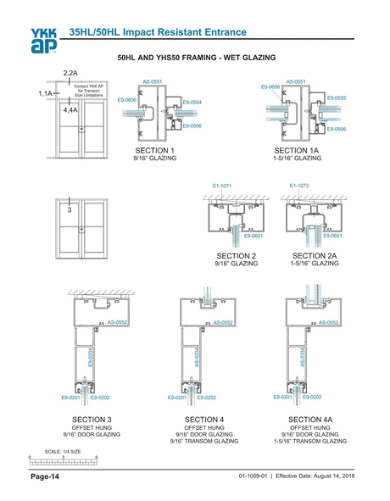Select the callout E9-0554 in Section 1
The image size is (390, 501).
(x=192, y=102)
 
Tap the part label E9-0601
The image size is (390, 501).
(x=253, y=237)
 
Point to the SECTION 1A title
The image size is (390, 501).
(x=297, y=150)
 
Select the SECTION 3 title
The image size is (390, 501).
(x=92, y=420)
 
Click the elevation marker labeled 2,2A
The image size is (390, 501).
(x=70, y=74)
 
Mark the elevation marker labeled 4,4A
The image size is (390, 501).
(x=70, y=110)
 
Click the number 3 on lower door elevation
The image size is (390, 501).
(x=70, y=210)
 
